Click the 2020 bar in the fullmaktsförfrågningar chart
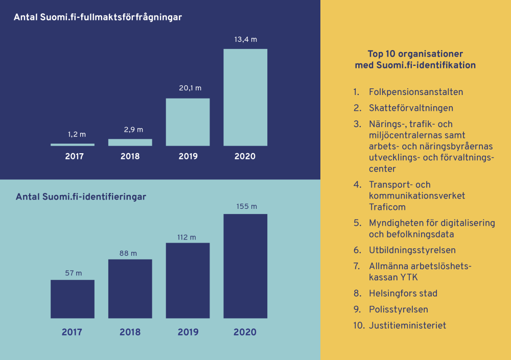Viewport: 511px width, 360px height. [x=245, y=97]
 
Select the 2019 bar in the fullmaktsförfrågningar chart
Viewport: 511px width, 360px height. [x=188, y=122]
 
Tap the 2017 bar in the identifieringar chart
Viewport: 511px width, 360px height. [x=72, y=299]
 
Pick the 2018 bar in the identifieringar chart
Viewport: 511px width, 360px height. [x=130, y=289]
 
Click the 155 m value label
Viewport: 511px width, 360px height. [x=246, y=207]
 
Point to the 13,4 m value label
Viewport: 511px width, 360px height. [x=245, y=39]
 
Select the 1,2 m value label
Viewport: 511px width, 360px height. [x=77, y=135]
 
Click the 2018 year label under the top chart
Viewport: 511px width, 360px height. [x=130, y=156]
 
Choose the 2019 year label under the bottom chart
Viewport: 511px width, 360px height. [x=188, y=332]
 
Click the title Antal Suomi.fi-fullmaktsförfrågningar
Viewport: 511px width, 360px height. [x=98, y=17]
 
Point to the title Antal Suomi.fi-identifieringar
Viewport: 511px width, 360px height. [x=81, y=197]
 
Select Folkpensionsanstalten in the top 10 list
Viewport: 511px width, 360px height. [x=416, y=92]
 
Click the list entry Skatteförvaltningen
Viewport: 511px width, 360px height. [x=411, y=108]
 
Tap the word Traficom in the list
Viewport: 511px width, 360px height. [x=387, y=207]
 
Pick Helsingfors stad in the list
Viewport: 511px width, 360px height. [x=403, y=294]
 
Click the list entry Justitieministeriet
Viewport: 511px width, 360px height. [x=407, y=325]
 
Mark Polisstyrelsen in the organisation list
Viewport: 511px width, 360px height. [x=399, y=309]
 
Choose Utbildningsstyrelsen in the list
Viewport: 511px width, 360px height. [x=412, y=250]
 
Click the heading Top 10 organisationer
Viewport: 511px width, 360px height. [x=415, y=54]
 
